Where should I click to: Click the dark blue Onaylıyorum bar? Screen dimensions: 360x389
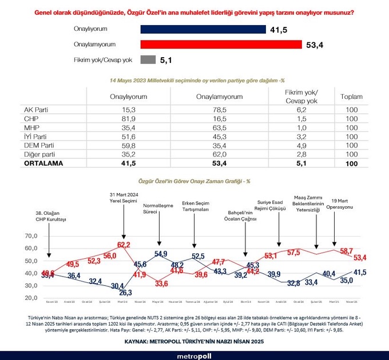tap(203, 29)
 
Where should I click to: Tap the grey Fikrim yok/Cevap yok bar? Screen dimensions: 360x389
tap(148, 59)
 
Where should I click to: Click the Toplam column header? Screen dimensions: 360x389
tap(351, 97)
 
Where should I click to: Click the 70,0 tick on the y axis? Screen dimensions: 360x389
tap(30, 236)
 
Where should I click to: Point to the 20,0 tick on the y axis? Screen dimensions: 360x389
tap(30, 298)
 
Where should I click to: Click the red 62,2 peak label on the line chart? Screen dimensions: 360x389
tap(124, 245)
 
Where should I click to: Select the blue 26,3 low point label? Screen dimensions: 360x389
tap(125, 293)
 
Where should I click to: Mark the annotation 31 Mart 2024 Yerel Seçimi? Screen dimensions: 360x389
tap(124, 197)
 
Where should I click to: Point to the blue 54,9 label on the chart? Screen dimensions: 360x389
tap(161, 254)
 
